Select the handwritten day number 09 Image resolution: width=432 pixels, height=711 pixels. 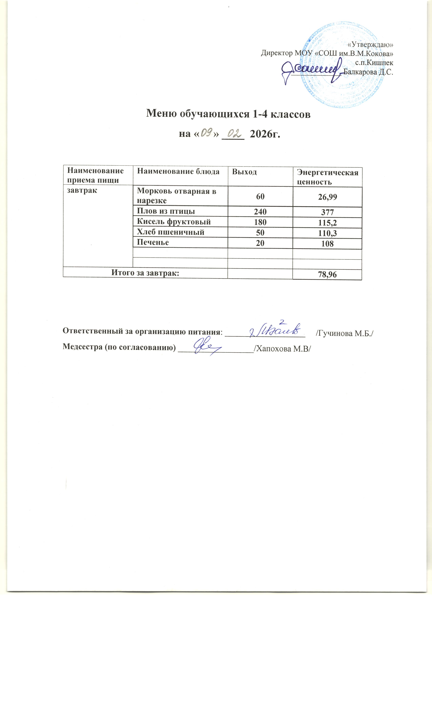click(207, 133)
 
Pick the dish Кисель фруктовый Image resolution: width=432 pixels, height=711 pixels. click(173, 222)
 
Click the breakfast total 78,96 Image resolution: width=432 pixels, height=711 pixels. click(327, 275)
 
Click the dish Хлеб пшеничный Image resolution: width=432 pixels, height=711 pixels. click(170, 232)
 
